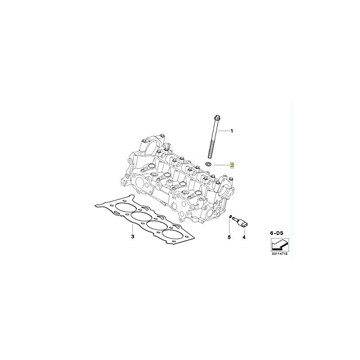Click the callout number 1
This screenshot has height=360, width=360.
click(232, 131)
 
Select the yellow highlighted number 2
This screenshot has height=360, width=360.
click(232, 165)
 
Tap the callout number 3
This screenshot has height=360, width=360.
click(133, 237)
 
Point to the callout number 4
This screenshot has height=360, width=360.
click(244, 237)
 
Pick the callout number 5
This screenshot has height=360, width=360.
click(229, 237)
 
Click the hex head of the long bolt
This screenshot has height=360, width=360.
click(217, 117)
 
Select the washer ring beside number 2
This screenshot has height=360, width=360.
click(208, 163)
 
